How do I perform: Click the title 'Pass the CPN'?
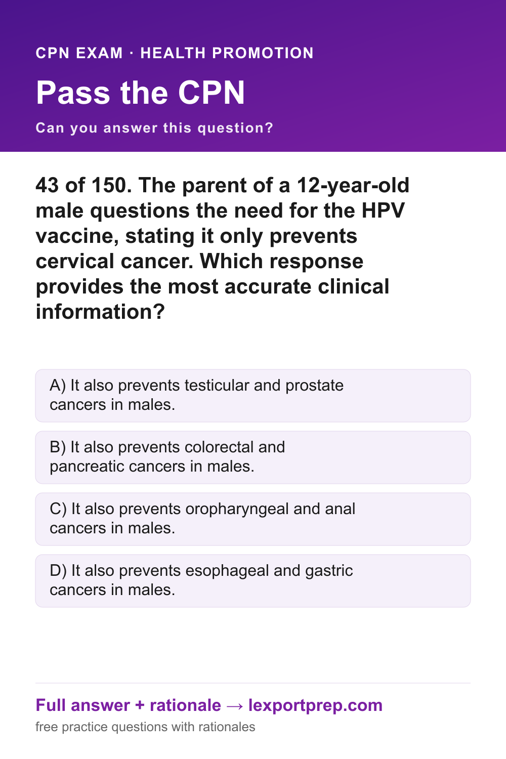click(x=140, y=93)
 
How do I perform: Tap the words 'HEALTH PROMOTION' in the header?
click(x=227, y=53)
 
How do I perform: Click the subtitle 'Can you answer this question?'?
click(x=154, y=128)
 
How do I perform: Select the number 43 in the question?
click(x=47, y=185)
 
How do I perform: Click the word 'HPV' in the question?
click(x=384, y=210)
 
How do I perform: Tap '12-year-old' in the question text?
click(x=353, y=186)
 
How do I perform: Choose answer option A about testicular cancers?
click(x=253, y=395)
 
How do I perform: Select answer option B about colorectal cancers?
click(x=253, y=457)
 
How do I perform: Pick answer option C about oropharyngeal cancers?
click(x=253, y=519)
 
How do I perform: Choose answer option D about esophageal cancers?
click(x=253, y=581)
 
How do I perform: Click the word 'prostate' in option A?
click(x=314, y=386)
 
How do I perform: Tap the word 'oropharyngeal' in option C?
click(x=237, y=510)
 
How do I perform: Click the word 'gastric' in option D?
click(x=329, y=571)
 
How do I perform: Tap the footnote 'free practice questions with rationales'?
click(x=145, y=727)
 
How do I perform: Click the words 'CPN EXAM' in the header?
click(x=79, y=53)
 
